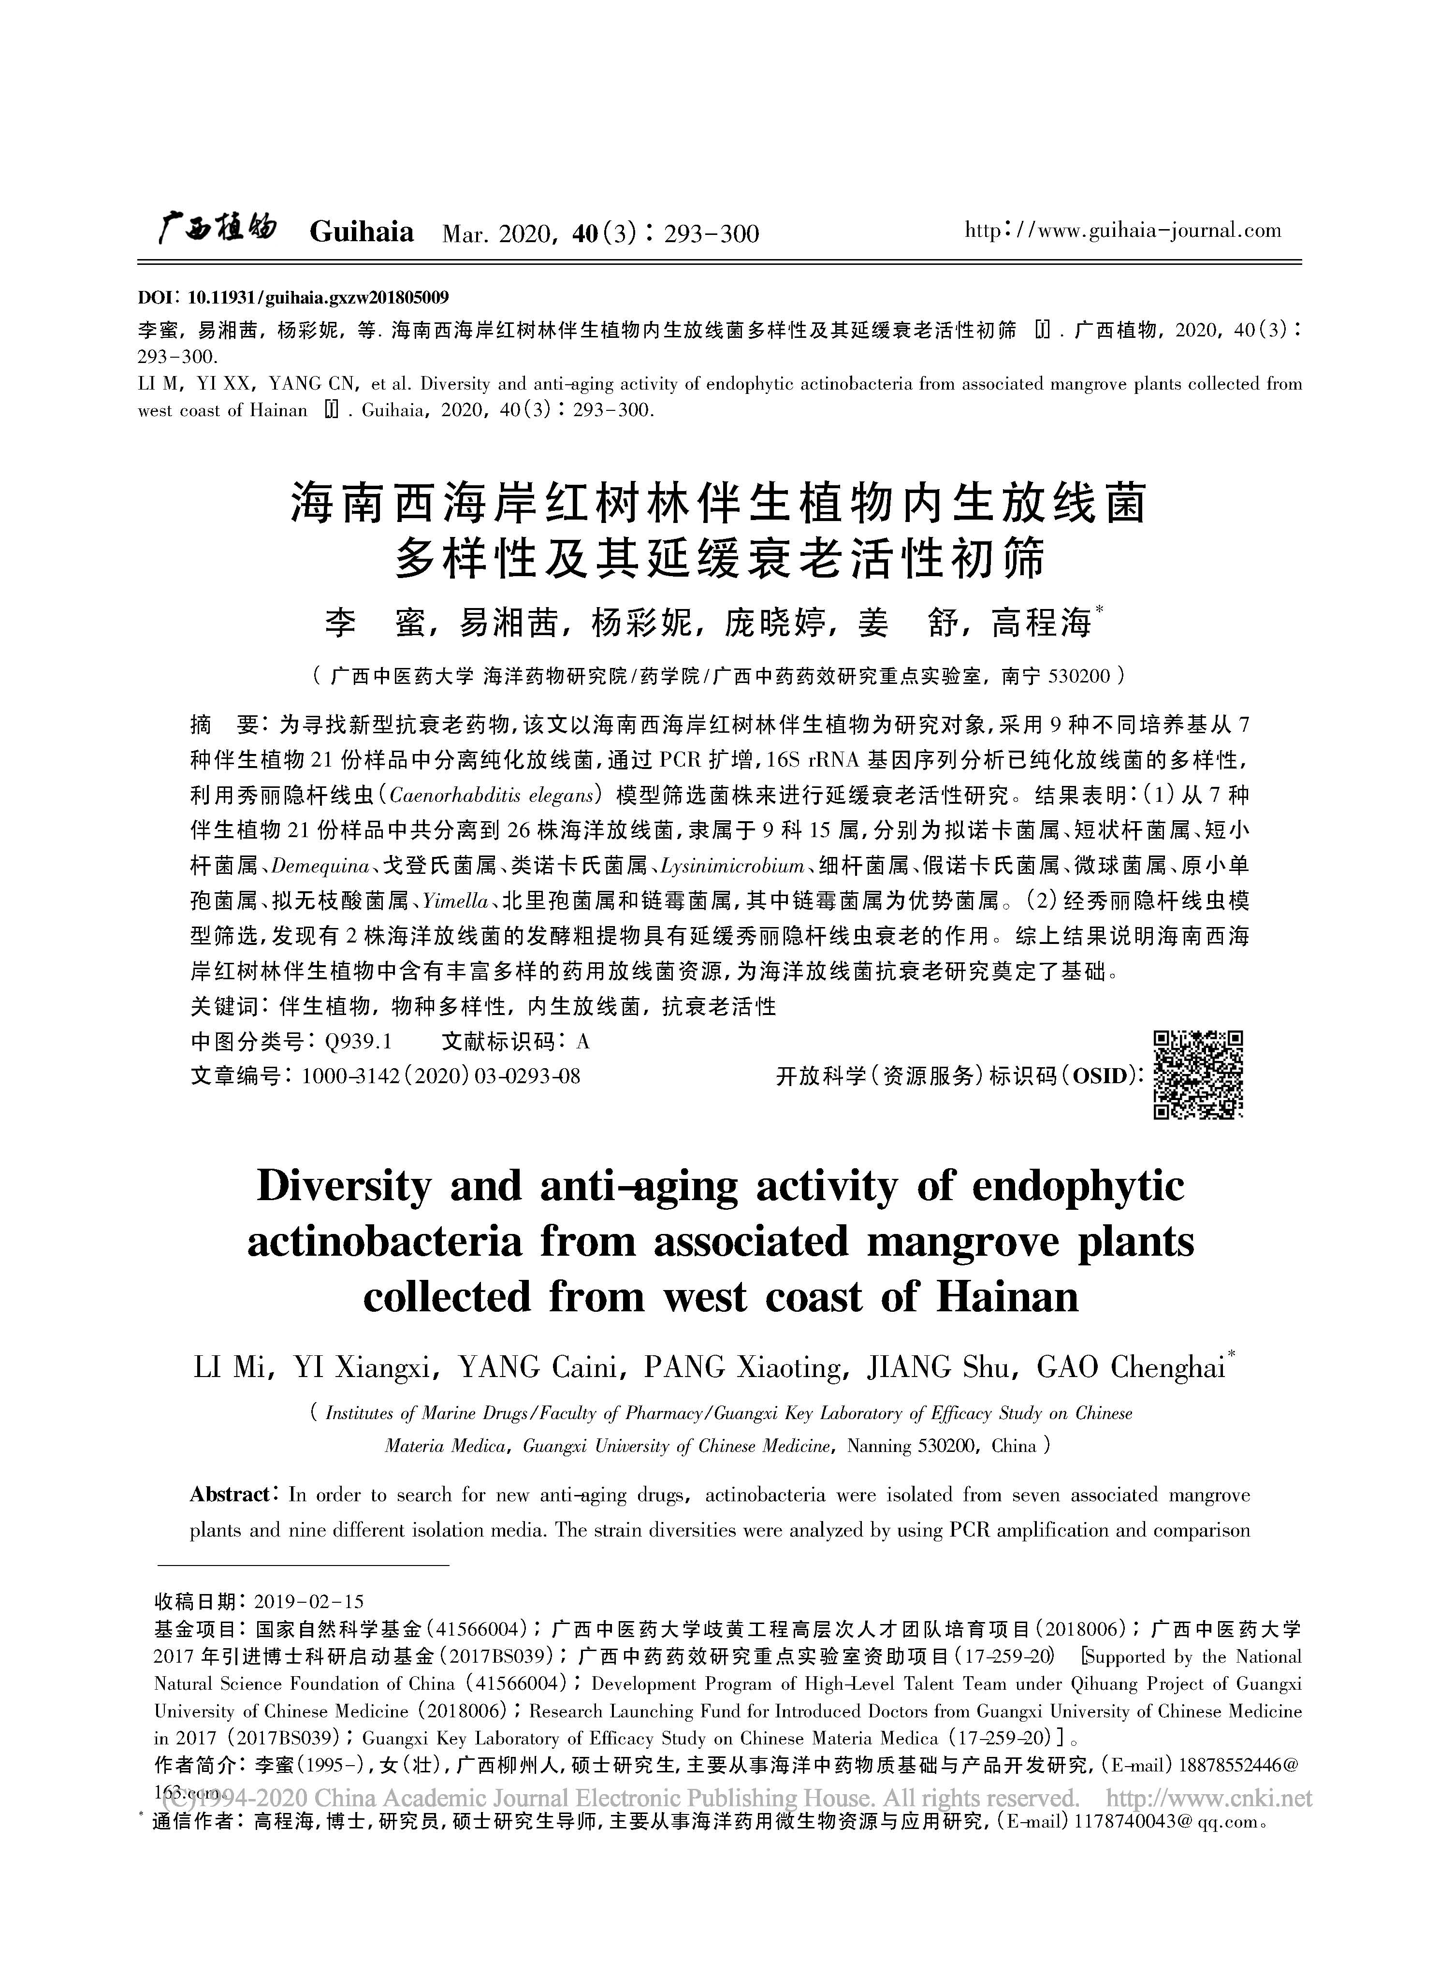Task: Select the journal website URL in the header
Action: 1122,231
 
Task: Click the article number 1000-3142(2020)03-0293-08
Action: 440,1076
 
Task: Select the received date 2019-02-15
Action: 308,1602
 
